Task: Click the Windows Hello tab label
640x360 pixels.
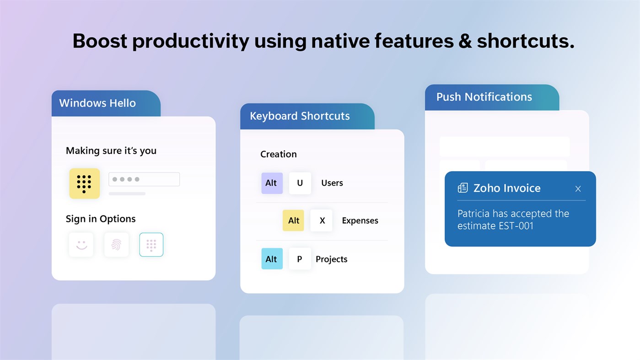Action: click(x=97, y=103)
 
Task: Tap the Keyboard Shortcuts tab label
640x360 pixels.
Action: click(x=300, y=116)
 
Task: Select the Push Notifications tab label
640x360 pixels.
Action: click(x=484, y=97)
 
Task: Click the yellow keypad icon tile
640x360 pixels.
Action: click(x=84, y=183)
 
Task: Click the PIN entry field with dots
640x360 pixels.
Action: click(x=144, y=179)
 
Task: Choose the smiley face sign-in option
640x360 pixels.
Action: click(x=81, y=245)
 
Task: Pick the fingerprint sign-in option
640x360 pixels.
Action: click(x=116, y=245)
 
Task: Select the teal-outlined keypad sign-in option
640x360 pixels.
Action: click(x=151, y=245)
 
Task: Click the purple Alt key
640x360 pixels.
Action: click(x=272, y=183)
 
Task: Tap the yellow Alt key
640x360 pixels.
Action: click(x=293, y=220)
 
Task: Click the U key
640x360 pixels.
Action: click(x=300, y=183)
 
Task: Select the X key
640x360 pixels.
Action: click(x=322, y=220)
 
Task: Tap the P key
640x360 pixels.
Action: click(x=300, y=259)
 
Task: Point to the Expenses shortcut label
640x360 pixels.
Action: click(x=360, y=220)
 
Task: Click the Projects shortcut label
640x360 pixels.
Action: click(x=332, y=259)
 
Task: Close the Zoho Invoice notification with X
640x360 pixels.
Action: click(x=578, y=188)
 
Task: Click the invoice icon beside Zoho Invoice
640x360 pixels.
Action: click(x=463, y=188)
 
